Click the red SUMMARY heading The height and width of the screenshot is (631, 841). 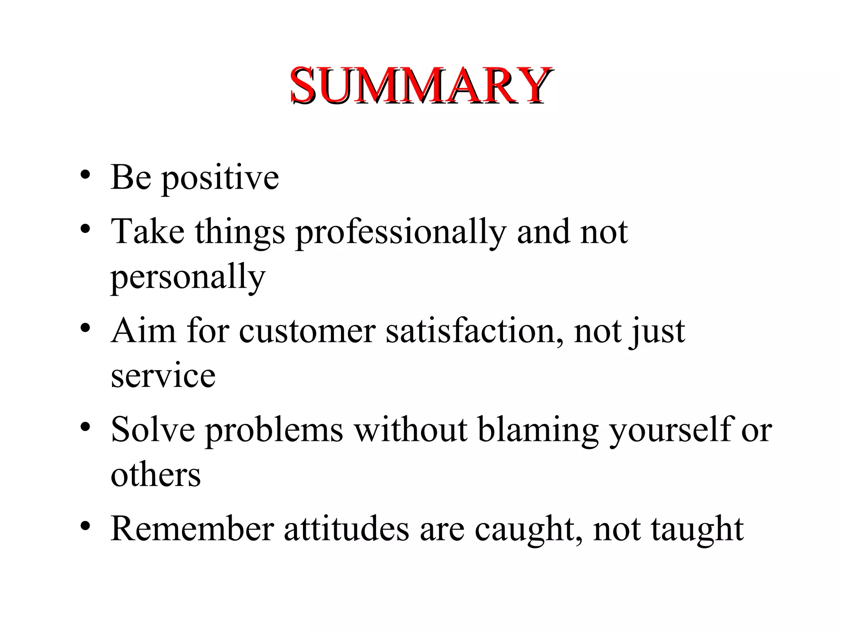coord(420,85)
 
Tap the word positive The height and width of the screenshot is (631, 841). coord(220,178)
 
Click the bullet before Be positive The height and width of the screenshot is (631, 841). coord(85,175)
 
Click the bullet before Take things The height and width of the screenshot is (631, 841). coord(85,229)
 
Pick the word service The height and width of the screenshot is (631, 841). coord(163,376)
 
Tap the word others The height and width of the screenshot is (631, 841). coord(156,475)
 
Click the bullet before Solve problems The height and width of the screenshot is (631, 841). coord(85,427)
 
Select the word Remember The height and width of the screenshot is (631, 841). coord(192,529)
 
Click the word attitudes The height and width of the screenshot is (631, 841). coord(347,529)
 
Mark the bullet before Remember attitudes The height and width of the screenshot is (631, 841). coord(85,526)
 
